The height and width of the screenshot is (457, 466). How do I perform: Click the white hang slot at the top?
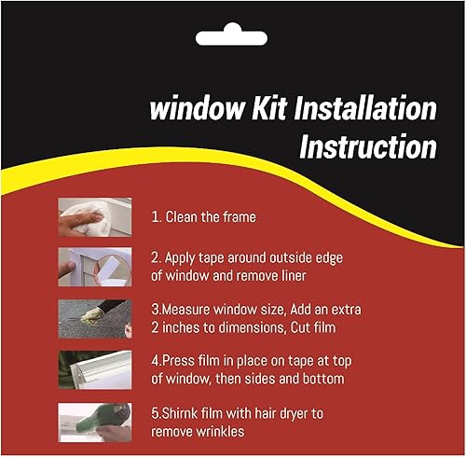(232, 37)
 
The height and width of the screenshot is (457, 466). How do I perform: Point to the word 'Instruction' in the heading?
(367, 146)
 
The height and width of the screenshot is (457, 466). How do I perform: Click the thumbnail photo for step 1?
(94, 216)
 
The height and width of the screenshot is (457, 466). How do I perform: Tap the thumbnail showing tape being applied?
(94, 267)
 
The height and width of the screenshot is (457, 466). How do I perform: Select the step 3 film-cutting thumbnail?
(94, 318)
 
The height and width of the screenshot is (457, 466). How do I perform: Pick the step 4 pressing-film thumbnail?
(94, 368)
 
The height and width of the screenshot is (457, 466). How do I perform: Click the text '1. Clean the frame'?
(203, 217)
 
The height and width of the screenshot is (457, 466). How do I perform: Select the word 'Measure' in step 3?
(191, 309)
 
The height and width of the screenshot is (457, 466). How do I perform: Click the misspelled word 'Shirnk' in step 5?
(181, 411)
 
